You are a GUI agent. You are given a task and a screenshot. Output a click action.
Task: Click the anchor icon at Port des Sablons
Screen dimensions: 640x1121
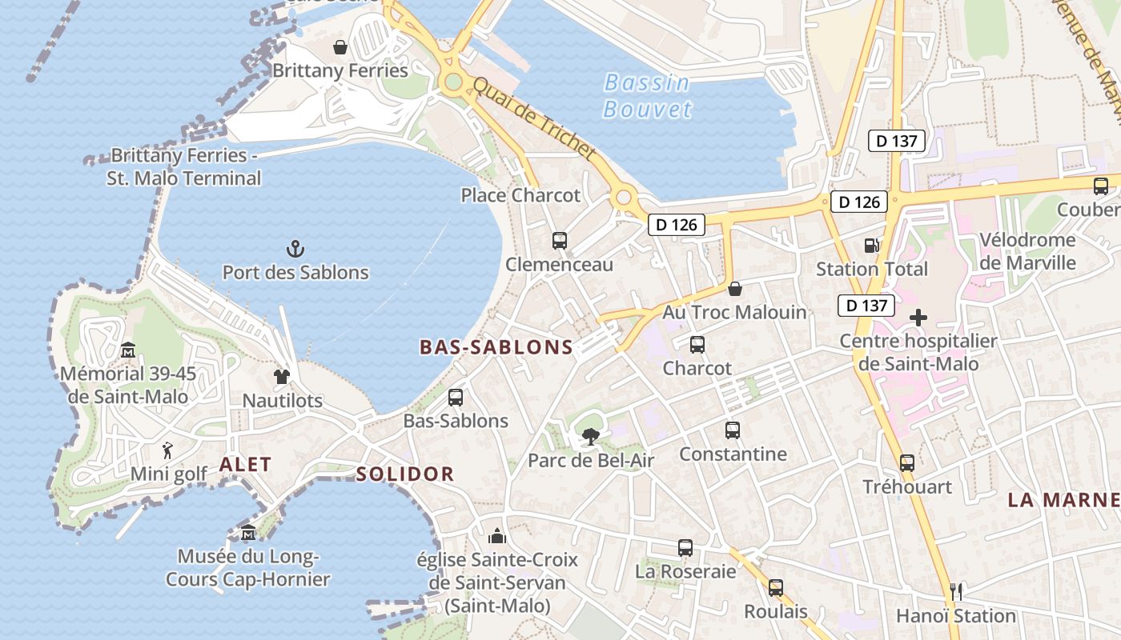tap(295, 249)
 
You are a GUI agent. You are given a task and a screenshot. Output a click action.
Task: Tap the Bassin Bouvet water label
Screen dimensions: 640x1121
tap(647, 95)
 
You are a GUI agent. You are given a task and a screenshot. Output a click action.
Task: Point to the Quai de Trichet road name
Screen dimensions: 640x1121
tap(534, 119)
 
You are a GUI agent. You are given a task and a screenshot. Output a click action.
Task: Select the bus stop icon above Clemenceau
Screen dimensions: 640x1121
tap(560, 240)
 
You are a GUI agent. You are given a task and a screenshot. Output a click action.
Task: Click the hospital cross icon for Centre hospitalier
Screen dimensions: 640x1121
tap(918, 318)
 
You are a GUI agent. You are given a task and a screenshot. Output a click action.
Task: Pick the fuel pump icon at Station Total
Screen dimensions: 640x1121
tap(871, 246)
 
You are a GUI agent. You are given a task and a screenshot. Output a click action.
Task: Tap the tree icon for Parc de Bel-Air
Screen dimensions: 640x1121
tap(591, 437)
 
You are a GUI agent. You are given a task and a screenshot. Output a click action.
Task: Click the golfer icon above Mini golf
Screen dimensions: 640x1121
tap(167, 450)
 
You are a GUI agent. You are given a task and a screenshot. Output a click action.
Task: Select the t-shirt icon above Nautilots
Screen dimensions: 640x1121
tap(281, 376)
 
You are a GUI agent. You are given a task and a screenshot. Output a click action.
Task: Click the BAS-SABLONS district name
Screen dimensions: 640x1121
tap(496, 347)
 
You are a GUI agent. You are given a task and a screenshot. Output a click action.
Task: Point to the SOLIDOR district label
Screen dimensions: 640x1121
tap(405, 474)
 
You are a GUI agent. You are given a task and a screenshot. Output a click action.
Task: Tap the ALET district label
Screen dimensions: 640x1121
tap(245, 464)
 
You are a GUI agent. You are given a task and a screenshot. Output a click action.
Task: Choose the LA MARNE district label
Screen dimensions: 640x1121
tap(1063, 500)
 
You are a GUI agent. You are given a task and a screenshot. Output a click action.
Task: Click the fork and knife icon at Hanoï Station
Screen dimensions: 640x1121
tap(955, 592)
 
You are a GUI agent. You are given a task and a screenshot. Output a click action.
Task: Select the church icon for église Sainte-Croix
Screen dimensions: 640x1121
tap(497, 535)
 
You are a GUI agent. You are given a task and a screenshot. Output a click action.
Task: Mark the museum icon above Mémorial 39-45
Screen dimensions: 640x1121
tap(127, 350)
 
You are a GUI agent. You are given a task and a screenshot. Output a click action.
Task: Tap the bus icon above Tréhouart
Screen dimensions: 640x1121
tap(907, 463)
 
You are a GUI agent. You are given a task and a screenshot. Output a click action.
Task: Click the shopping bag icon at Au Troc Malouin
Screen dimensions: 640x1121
tap(734, 288)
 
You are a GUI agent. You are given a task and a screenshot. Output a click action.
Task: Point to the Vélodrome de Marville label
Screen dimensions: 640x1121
tap(1028, 251)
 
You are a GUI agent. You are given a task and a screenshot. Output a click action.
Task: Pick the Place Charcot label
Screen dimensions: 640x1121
tap(520, 195)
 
